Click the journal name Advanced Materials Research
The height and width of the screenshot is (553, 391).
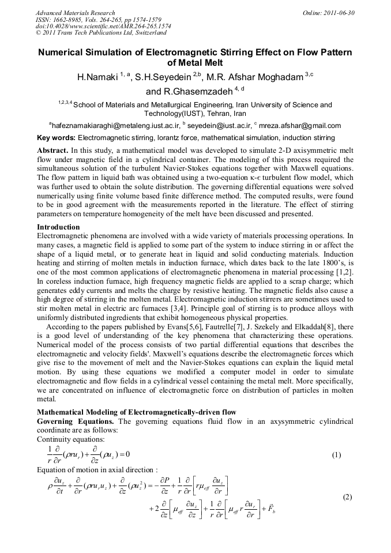75,13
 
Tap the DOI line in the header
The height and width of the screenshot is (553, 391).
103,27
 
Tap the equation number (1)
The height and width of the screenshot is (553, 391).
337,454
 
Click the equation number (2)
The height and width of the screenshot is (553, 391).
347,496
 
